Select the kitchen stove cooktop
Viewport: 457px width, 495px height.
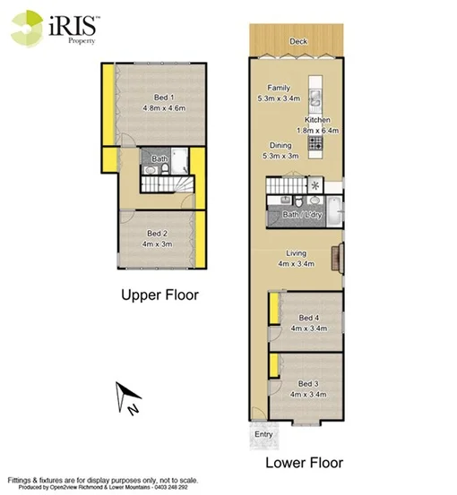315,141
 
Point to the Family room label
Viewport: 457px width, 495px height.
280,88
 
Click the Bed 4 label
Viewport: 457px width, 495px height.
309,318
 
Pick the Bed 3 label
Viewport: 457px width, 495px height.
309,383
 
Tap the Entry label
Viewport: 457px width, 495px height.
263,435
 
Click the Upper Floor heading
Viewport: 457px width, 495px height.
160,294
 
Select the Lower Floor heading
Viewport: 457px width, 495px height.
303,463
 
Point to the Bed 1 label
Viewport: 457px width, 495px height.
163,98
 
